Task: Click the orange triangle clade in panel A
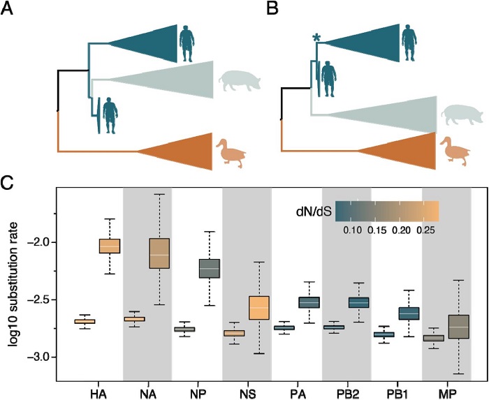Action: click(175, 149)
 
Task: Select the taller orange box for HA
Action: click(110, 246)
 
